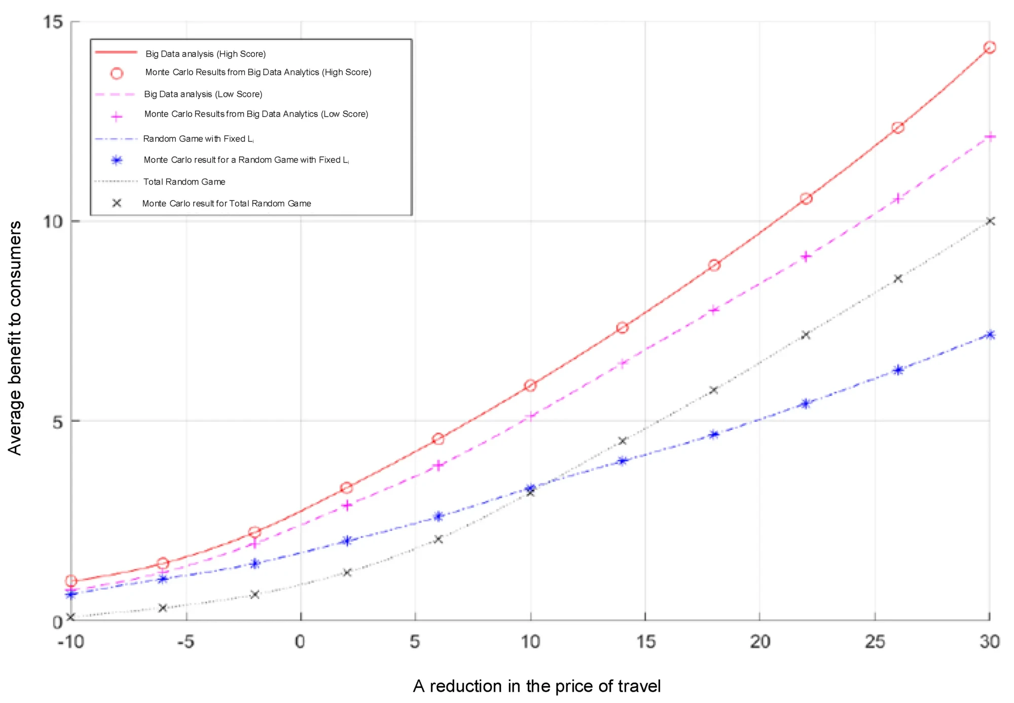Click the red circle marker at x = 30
989,48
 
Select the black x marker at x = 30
990,221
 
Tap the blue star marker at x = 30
990,335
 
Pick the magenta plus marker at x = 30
989,137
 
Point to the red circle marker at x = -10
71,581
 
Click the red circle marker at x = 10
530,386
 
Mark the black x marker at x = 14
623,441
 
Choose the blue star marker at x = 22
806,404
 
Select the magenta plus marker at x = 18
714,310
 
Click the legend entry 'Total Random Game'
184,182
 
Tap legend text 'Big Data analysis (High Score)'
205,54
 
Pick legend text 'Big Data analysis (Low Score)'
203,94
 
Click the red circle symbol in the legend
117,73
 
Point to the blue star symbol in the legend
117,160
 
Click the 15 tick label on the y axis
53,22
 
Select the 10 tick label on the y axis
53,221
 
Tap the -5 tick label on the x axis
186,642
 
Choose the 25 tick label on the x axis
875,642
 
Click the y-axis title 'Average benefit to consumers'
15,338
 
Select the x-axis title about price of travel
536,686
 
